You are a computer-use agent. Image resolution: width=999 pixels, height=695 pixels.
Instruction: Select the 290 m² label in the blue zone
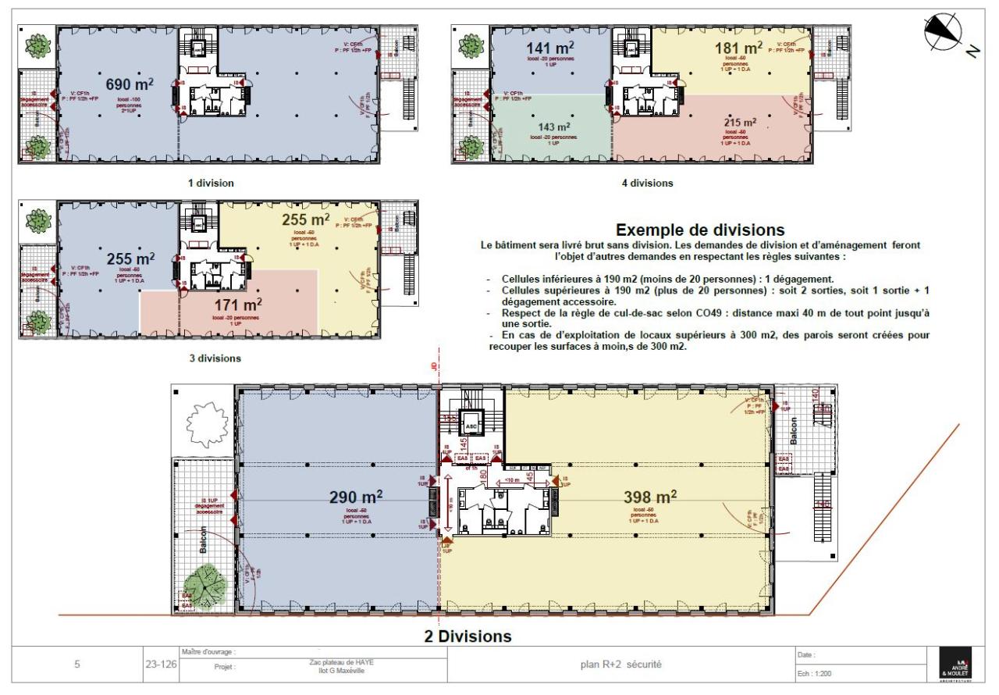[357, 497]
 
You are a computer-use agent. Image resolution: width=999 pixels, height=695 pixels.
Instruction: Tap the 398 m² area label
[651, 497]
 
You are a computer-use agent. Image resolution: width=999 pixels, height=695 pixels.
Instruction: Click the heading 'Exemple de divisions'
[700, 230]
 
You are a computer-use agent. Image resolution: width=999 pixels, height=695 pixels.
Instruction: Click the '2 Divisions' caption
[468, 636]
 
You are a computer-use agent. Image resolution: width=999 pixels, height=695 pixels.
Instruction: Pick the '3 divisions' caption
[214, 358]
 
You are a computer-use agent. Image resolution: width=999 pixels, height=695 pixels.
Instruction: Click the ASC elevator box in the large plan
[471, 426]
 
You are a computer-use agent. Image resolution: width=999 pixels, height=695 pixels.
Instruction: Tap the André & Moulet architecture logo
[947, 666]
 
